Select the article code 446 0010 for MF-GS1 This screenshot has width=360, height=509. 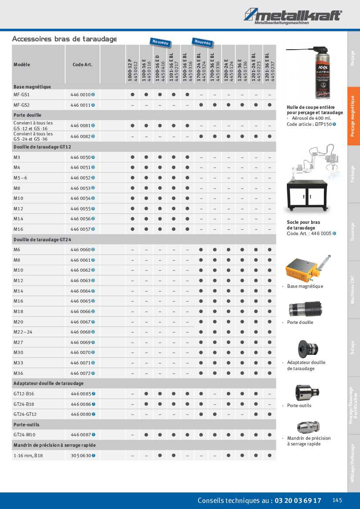tap(81, 94)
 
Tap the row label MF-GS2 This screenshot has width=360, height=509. tap(21, 105)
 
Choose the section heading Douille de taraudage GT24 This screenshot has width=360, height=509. tap(42, 239)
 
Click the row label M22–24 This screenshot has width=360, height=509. tap(23, 332)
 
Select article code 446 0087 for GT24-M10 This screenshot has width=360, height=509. tap(81, 435)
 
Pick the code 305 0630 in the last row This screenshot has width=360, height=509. tap(81, 455)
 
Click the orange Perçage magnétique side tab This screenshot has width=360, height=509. tap(353, 116)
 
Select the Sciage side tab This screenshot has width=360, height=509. tap(353, 347)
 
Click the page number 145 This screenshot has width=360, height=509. tap(338, 500)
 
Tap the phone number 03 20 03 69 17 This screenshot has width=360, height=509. tap(298, 501)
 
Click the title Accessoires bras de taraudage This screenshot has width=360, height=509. tap(64, 39)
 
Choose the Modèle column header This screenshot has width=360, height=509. tap(22, 64)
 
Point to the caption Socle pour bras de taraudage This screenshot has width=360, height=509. tap(303, 225)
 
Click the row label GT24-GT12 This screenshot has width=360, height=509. tap(25, 414)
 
